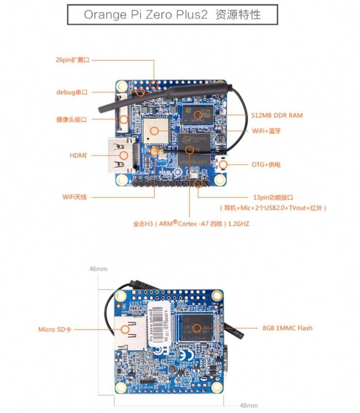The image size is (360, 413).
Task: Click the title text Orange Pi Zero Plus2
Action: [x=146, y=14]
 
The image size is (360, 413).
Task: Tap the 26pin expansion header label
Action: [x=72, y=60]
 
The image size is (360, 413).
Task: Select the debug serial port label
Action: [x=72, y=92]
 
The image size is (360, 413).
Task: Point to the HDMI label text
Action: [x=78, y=155]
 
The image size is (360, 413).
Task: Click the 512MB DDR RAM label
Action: [x=277, y=115]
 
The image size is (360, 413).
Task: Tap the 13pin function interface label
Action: [x=273, y=197]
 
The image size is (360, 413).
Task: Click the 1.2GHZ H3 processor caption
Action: [x=191, y=224]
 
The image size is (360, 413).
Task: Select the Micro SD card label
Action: [x=55, y=330]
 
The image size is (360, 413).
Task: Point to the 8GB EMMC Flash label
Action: [x=287, y=328]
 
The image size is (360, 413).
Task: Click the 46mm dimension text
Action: [x=98, y=269]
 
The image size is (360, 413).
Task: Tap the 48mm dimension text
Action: [x=248, y=405]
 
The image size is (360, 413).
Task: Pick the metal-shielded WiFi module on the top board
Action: [x=155, y=129]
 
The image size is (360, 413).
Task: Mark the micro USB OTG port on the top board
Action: [x=223, y=164]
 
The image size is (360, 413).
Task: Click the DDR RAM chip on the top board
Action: [x=198, y=114]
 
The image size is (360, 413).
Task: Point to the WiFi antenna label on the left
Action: [x=74, y=197]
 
